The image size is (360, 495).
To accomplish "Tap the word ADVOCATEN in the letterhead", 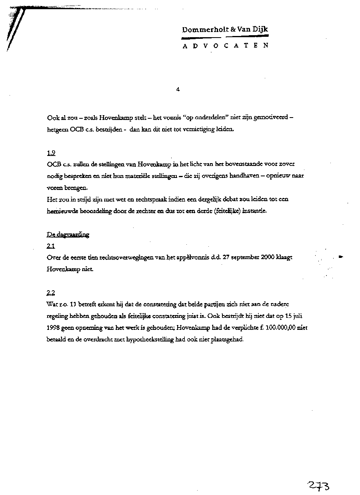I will pyautogui.click(x=225, y=46).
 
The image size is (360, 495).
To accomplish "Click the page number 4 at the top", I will pyautogui.click(x=178, y=90).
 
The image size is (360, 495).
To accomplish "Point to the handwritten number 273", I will pyautogui.click(x=318, y=486).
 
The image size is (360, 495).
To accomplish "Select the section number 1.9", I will pyautogui.click(x=51, y=152).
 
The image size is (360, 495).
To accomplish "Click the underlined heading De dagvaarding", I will pyautogui.click(x=68, y=235).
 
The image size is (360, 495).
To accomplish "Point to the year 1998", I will pyautogui.click(x=54, y=328).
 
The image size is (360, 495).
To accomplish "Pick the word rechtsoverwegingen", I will pyautogui.click(x=125, y=257).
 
